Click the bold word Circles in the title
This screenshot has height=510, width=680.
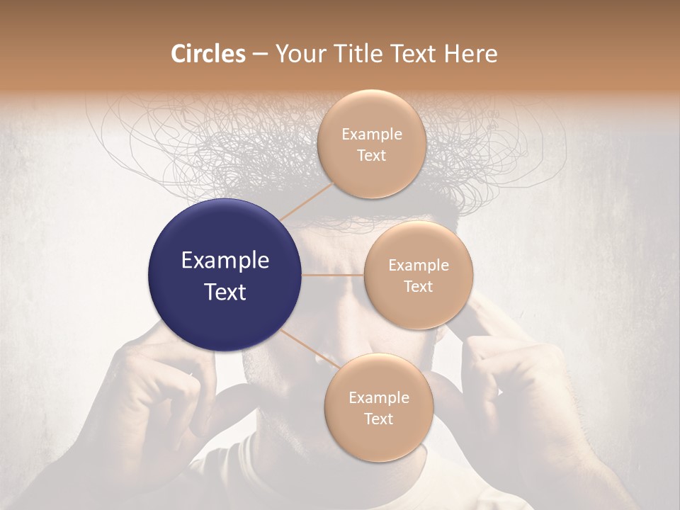coord(208,54)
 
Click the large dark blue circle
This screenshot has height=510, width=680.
coord(225,275)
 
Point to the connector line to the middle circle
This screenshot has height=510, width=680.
coord(333,275)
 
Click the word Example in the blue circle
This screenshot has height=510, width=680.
coord(225,261)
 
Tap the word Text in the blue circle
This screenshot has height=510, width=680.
coord(225,292)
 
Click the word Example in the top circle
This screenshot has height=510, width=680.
coord(371,134)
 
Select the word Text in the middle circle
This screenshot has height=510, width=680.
coord(418,286)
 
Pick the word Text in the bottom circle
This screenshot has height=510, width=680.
coord(378,419)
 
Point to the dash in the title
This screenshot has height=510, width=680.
coord(259,55)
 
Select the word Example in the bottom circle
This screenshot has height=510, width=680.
coord(378,398)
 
